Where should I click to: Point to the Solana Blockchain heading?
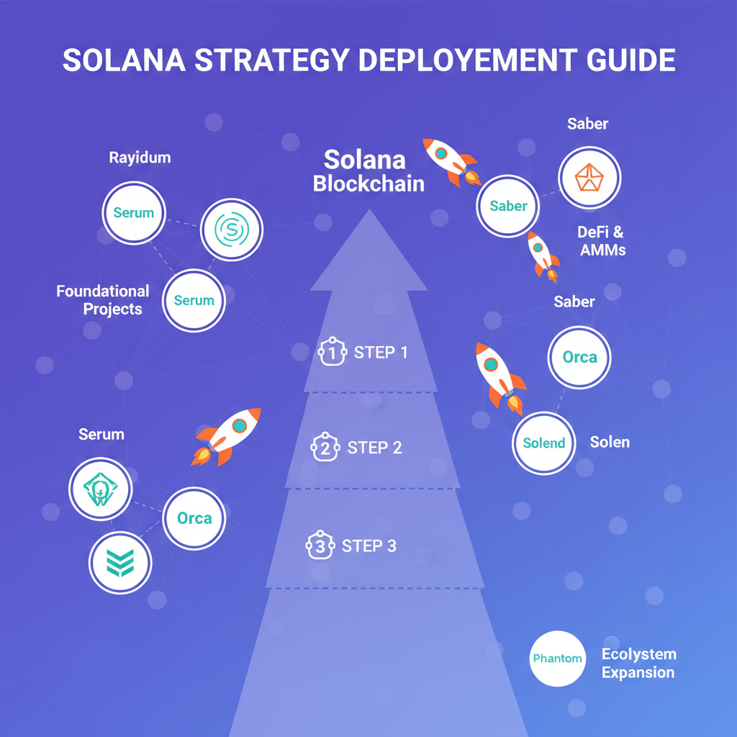368,171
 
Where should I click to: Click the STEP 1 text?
381,353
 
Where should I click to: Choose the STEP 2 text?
374,448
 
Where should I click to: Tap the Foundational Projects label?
104,300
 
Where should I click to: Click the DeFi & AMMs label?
602,241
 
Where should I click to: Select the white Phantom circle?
557,659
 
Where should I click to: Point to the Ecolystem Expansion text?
638,664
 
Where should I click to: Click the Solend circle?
544,443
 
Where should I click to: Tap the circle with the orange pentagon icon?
589,178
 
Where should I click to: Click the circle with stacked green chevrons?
120,563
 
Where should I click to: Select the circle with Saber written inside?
508,206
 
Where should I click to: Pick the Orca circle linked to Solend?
579,357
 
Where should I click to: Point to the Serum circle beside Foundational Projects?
194,300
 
